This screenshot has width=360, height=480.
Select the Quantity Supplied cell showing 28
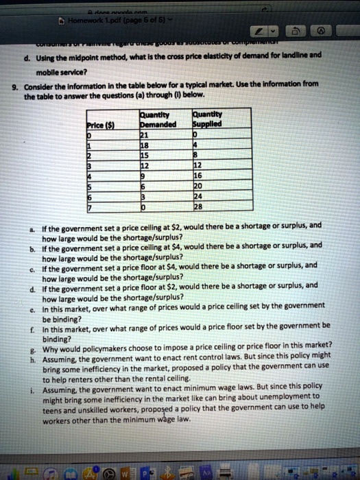(200, 206)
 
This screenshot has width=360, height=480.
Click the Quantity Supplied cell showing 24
(200, 197)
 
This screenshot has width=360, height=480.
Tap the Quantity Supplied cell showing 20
(200, 187)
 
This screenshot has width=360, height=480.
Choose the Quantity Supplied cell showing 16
(200, 176)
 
